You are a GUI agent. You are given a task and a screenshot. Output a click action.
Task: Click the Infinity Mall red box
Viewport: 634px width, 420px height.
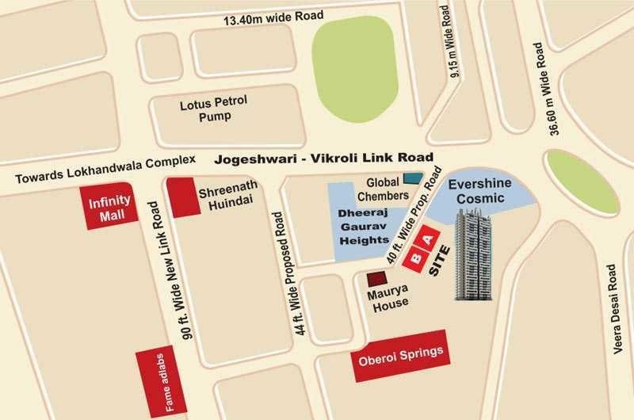coord(109,208)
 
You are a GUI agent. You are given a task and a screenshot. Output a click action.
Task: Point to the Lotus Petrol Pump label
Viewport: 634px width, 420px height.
coord(205,110)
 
